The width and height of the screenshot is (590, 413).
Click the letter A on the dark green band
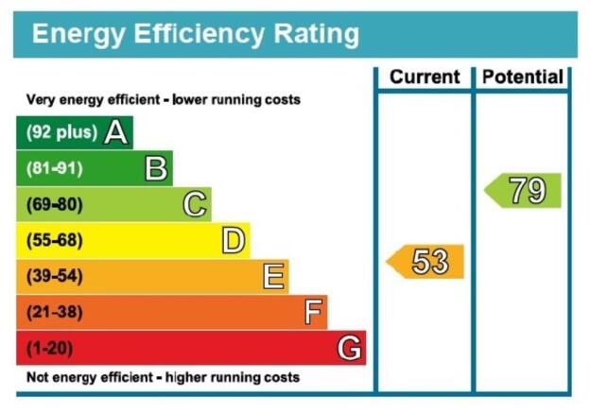[115, 132]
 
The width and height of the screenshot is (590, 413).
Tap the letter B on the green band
[156, 168]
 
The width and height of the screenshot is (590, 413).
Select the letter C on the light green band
[195, 204]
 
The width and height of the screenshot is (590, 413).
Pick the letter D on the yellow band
[234, 240]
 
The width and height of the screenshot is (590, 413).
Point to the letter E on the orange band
[273, 276]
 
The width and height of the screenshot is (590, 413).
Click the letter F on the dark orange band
[313, 312]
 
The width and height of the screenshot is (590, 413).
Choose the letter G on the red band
[350, 348]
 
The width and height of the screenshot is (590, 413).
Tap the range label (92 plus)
[62, 132]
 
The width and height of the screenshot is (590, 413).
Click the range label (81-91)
[55, 168]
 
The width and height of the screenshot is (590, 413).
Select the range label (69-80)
[55, 204]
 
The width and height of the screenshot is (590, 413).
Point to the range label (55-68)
[55, 240]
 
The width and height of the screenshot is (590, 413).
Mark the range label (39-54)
[55, 276]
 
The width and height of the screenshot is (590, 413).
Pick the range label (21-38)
[55, 312]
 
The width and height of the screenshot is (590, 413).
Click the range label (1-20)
[50, 348]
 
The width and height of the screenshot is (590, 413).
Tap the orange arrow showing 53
[425, 262]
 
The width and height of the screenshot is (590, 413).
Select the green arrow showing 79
[522, 190]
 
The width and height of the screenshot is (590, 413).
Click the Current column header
[425, 77]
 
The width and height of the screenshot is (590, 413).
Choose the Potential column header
[523, 77]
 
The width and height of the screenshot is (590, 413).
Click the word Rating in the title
[317, 35]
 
